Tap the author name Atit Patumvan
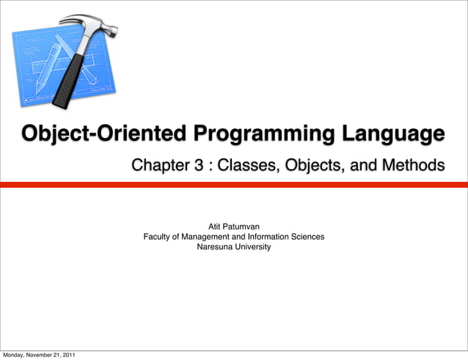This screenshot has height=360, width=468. point(234,227)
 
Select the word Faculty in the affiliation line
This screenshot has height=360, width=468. point(158,237)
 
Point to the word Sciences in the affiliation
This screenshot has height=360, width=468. point(308,237)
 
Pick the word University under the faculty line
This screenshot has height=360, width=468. point(252,247)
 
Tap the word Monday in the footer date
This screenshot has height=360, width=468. point(15,356)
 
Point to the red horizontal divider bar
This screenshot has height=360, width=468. point(234,185)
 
